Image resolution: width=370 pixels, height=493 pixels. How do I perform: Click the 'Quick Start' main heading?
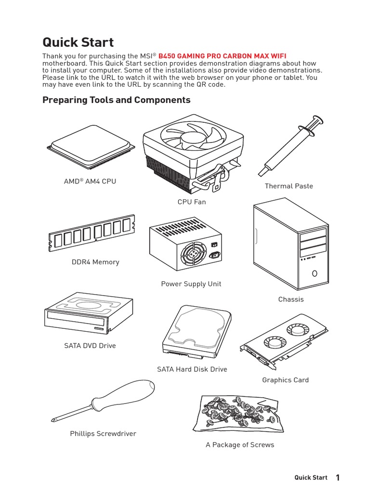pos(78,42)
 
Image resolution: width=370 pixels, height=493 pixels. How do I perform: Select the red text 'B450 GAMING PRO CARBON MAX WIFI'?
pos(225,56)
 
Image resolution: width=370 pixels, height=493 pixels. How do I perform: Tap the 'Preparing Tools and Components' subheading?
pos(116,100)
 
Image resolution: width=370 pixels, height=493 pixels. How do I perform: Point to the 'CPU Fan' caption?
pos(191,202)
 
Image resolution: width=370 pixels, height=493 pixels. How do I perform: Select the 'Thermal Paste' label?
pos(289,186)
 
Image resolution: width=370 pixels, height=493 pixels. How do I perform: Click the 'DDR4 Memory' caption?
pos(95,262)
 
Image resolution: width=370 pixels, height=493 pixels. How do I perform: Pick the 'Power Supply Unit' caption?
pos(191,284)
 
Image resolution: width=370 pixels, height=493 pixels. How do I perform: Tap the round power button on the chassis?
pos(314,273)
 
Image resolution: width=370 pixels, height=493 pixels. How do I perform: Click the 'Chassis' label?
pos(291,299)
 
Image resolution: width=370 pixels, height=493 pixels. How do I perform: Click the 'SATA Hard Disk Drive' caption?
pos(192,369)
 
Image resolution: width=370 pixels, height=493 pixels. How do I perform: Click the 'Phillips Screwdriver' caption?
pos(103,434)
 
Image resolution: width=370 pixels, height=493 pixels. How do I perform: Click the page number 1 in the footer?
pos(338,478)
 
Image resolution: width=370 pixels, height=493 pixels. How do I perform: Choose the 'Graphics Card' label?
pos(285,380)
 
